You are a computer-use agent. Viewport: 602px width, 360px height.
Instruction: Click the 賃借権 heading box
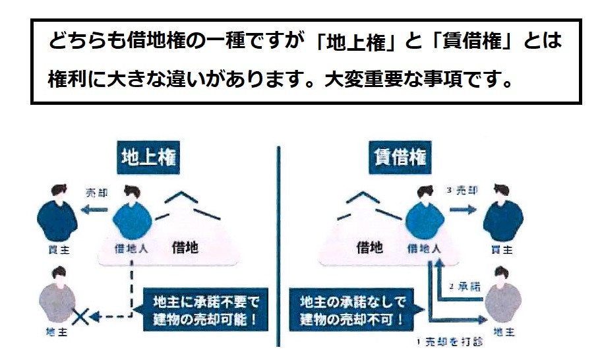pyautogui.click(x=400, y=158)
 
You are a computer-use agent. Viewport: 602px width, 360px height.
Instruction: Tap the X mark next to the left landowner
pyautogui.click(x=80, y=317)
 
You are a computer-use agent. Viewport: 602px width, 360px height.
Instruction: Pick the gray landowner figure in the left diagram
pyautogui.click(x=57, y=294)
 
